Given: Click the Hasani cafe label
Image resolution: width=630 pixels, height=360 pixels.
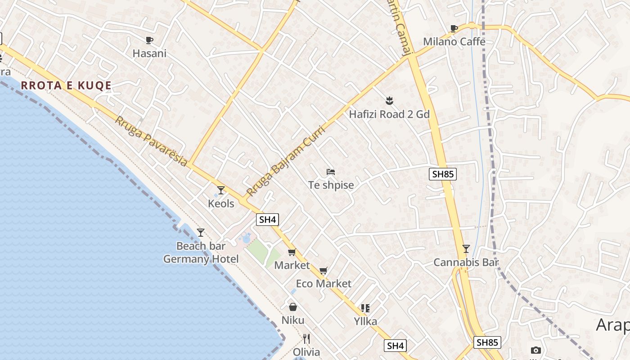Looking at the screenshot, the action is pos(149,54).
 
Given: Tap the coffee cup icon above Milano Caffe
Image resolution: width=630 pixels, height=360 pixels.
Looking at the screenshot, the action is pos(454,29).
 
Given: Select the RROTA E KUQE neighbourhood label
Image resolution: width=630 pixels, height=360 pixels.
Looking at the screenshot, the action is pos(66,85).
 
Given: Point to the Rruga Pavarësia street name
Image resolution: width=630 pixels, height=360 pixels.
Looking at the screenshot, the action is pos(151,141).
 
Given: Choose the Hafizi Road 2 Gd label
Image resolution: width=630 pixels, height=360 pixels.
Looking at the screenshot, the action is pos(389,114).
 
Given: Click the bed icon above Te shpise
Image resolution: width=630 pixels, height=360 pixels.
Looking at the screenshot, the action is pos(331,172).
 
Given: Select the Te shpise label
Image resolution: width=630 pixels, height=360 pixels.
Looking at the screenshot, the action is pos(331,185).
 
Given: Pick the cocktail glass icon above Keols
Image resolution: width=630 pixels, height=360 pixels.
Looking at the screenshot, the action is pos(220,190).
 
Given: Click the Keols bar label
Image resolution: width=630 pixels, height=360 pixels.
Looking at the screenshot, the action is pos(221,204).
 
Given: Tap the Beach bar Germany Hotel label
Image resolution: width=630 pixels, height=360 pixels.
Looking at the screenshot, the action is pos(201,252).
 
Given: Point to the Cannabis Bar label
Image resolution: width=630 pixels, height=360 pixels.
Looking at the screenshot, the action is pos(466,262).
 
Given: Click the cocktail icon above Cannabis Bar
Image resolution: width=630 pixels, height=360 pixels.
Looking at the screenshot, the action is pos(466,249).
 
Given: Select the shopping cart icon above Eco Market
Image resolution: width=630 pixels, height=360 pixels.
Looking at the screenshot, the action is pos(323,270).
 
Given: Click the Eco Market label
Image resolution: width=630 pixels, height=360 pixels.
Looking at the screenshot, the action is pos(324,284).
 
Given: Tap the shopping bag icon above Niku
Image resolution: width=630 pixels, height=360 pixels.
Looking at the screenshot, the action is pos(293,307).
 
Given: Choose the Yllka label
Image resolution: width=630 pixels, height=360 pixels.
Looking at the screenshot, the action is pos(365,321).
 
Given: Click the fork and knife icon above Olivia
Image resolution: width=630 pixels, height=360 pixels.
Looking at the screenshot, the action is pos(306,338).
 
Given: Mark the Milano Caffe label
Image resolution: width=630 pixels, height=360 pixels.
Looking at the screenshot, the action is pos(454,42).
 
